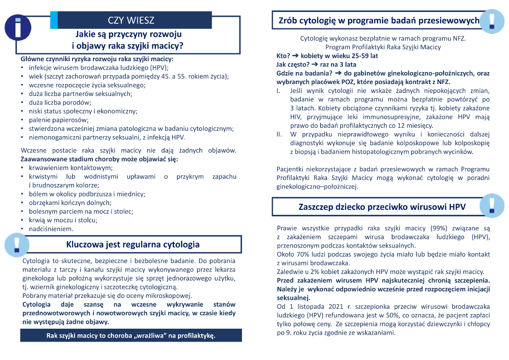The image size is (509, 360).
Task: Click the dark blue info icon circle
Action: tap(18, 27)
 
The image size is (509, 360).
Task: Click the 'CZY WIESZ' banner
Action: tap(131, 20)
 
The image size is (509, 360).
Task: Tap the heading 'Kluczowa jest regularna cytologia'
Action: tap(133, 244)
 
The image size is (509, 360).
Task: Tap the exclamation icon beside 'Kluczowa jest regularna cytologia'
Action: tap(17, 244)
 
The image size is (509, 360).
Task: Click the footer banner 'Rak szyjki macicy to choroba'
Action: tap(131, 336)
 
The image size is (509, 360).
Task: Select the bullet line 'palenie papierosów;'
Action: tap(58, 120)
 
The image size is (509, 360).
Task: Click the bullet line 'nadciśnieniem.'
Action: tap(51, 229)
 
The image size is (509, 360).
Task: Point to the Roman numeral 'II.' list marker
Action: tap(279, 134)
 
